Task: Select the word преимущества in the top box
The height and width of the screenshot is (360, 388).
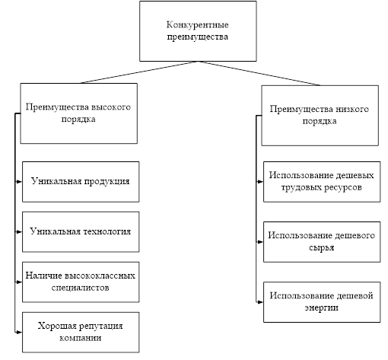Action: [198, 37]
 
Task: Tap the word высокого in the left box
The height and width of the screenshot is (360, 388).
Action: [111, 107]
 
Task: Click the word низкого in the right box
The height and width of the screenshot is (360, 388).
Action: [352, 109]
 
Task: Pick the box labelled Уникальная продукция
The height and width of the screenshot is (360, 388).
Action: [81, 182]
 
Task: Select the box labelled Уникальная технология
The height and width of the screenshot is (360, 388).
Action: [81, 231]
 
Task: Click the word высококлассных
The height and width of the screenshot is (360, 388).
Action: [100, 276]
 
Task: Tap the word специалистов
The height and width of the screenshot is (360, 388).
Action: [81, 288]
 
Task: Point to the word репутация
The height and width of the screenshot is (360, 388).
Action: [101, 326]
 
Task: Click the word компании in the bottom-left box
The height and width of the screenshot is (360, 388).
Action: [81, 338]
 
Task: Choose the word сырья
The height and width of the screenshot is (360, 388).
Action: [322, 248]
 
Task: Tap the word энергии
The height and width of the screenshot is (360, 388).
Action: [321, 308]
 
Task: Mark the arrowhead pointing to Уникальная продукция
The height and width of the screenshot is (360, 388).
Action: [19, 182]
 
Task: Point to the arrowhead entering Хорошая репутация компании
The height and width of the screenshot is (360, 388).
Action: [19, 332]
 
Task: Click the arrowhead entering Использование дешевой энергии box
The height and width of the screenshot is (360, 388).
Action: [260, 302]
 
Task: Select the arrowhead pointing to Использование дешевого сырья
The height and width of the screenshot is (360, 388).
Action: [260, 242]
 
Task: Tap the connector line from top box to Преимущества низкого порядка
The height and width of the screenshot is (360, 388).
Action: [259, 73]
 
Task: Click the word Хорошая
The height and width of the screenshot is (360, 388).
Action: [57, 326]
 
